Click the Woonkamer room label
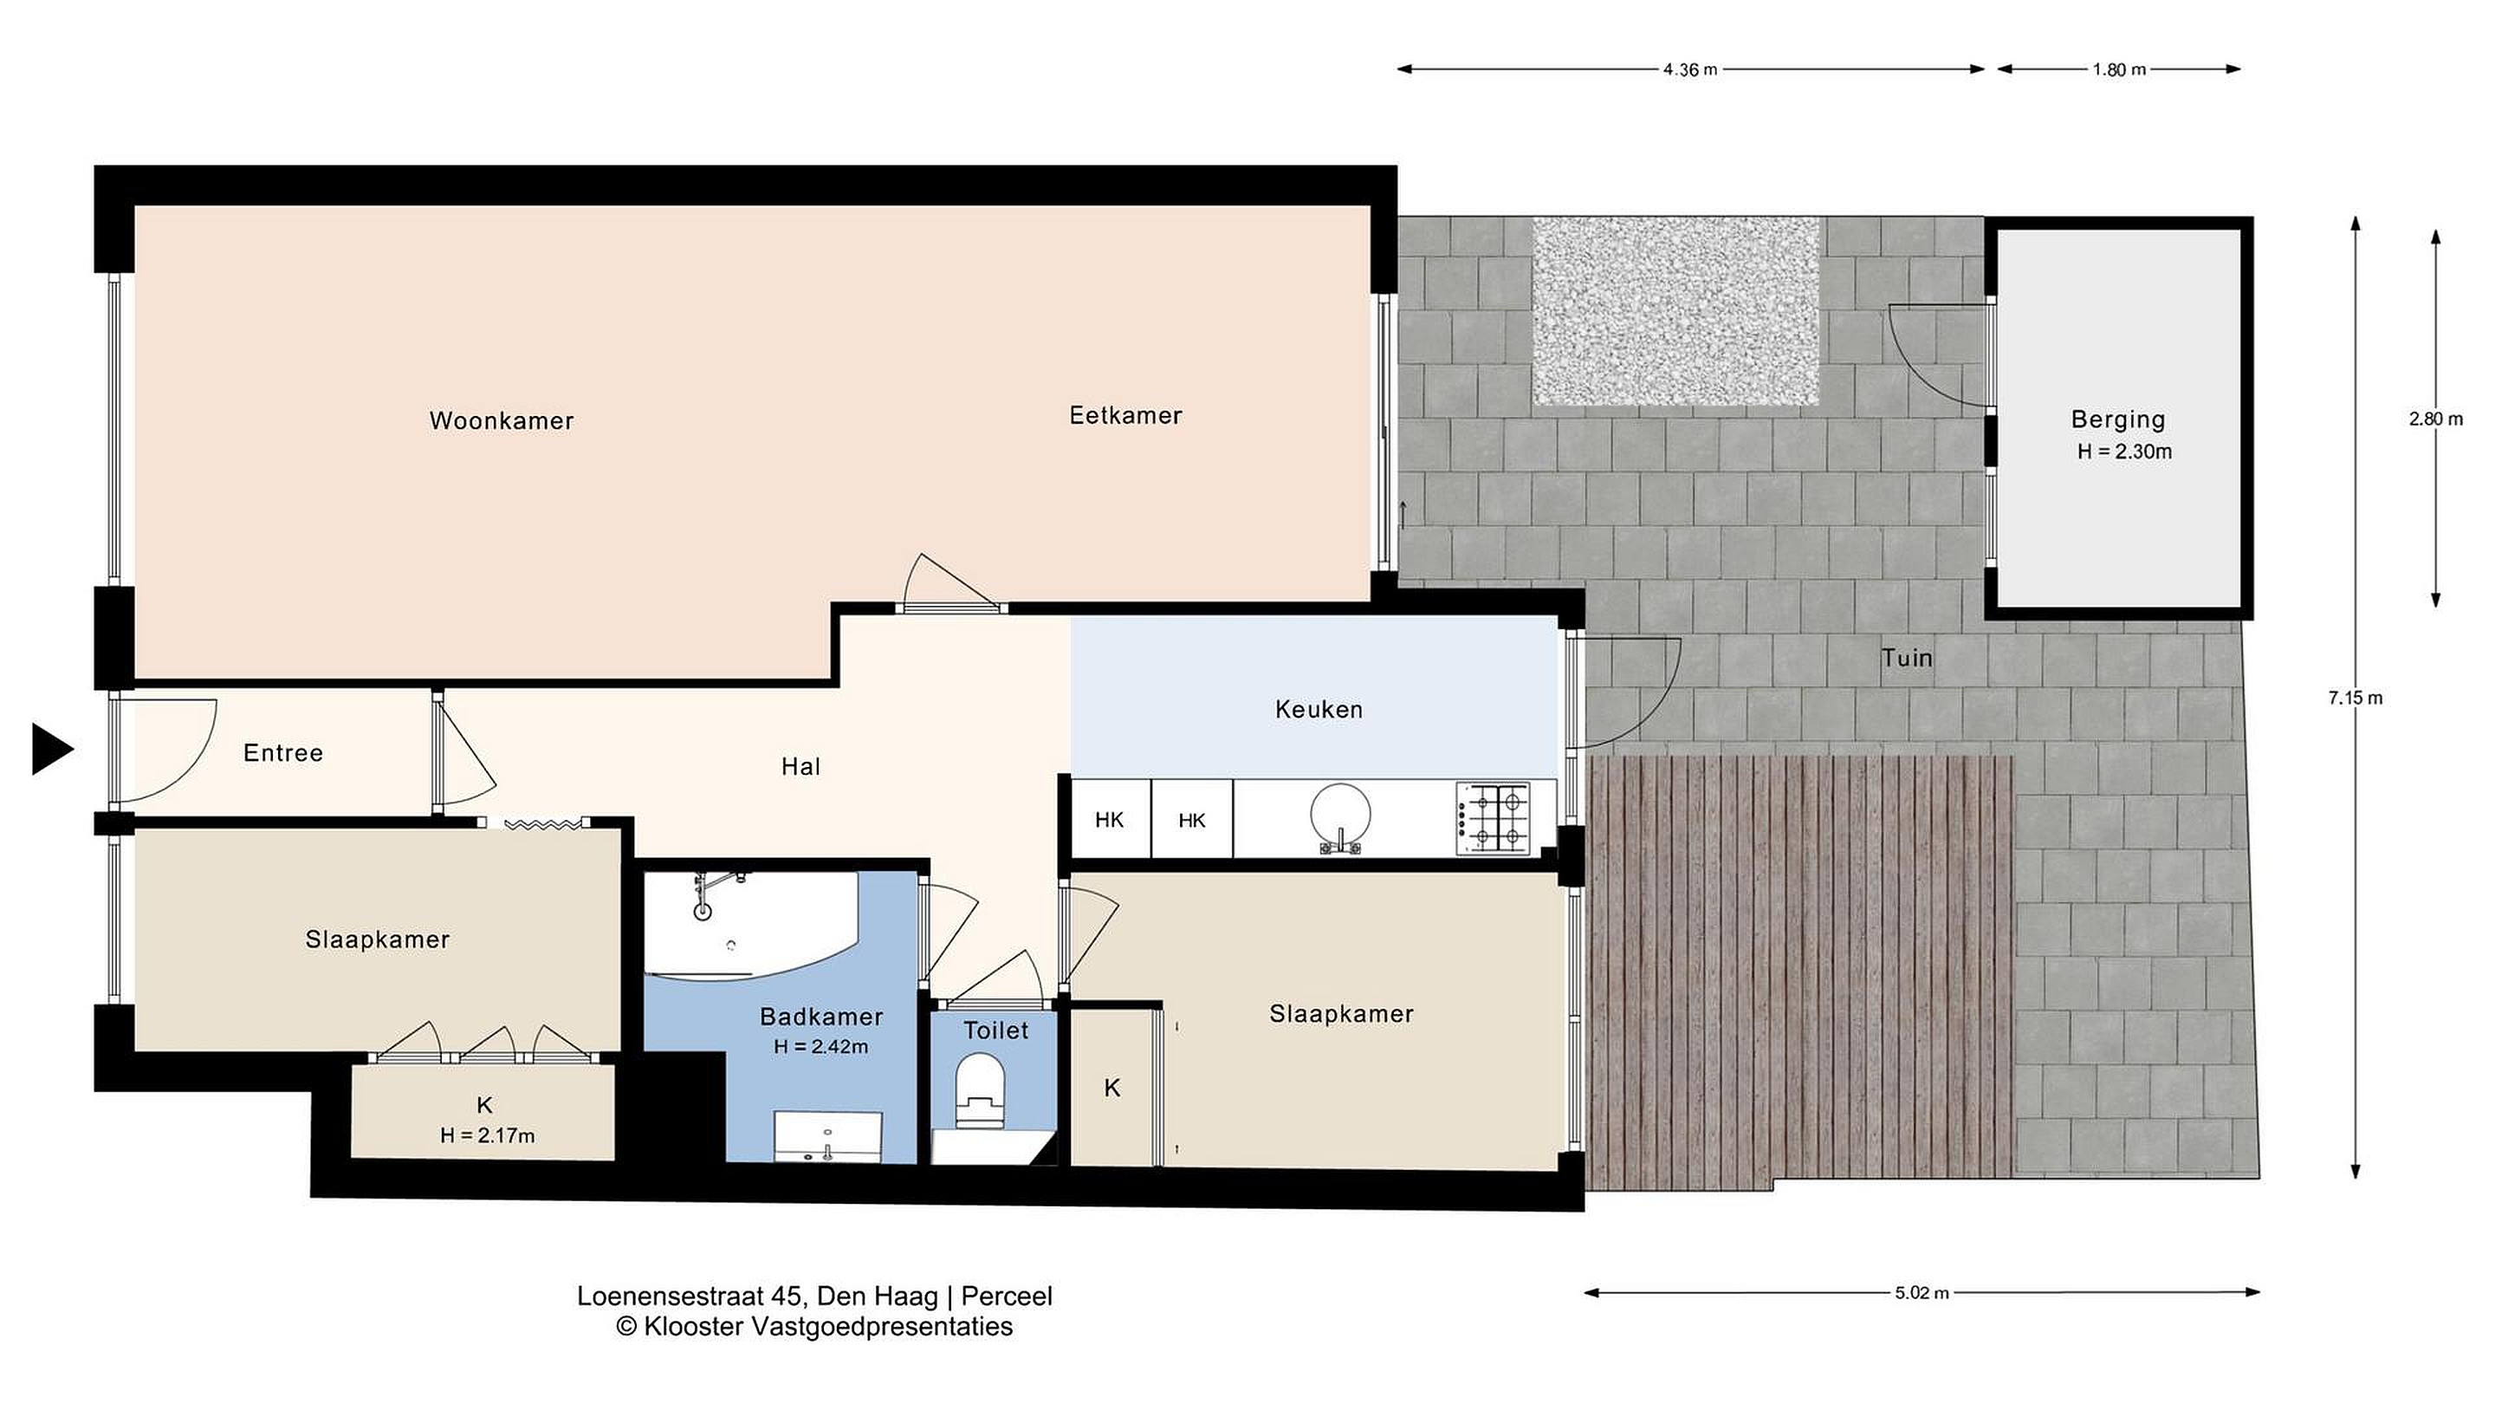[502, 420]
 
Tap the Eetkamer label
[1125, 416]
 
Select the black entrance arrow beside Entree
[52, 749]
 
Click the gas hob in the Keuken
[1494, 820]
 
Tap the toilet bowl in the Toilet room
[979, 1093]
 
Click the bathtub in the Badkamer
[752, 926]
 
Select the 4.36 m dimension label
[1690, 69]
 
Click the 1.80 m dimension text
[2119, 69]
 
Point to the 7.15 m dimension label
[2356, 698]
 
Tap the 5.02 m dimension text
[1921, 1292]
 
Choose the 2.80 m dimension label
[2436, 419]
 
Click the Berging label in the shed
[2118, 419]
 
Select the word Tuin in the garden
[1907, 659]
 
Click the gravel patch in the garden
[1675, 311]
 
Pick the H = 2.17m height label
[487, 1135]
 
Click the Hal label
[801, 767]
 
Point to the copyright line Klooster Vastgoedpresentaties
[814, 1327]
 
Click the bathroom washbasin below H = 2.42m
[828, 1135]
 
